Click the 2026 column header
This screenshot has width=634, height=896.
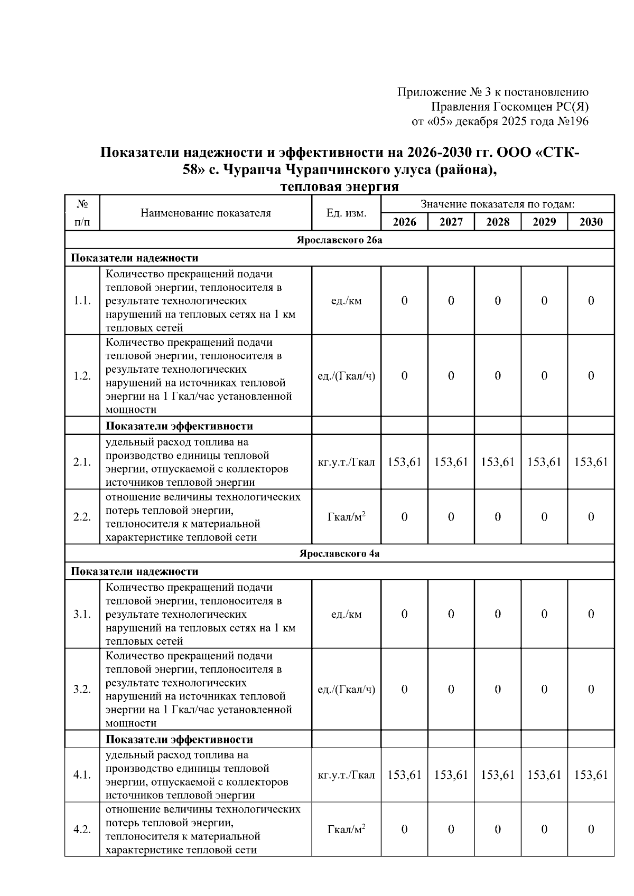[x=404, y=222]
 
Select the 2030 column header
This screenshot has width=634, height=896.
[x=591, y=222]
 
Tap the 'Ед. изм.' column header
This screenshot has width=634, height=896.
[x=346, y=213]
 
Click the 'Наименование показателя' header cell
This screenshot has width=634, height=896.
[x=206, y=213]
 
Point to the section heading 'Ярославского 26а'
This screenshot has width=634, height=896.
[x=339, y=240]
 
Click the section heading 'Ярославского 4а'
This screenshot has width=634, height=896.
[x=339, y=553]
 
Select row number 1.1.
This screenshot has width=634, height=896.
[x=82, y=300]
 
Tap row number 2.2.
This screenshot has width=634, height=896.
[x=82, y=517]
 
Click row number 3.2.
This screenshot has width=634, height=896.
[x=82, y=689]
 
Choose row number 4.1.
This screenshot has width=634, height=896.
[x=82, y=775]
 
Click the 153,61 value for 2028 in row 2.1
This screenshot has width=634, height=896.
[x=498, y=462]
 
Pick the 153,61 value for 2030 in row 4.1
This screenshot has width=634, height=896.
[x=591, y=775]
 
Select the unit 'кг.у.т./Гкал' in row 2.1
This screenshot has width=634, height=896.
[x=346, y=462]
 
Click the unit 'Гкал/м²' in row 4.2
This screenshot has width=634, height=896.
[x=346, y=829]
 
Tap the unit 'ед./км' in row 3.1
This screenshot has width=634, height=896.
[x=346, y=614]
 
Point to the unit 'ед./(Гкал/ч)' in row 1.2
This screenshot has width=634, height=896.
[x=346, y=376]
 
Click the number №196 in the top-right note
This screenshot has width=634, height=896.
[x=573, y=121]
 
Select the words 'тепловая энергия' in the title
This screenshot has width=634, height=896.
[x=339, y=187]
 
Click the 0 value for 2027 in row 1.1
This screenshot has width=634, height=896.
[x=451, y=300]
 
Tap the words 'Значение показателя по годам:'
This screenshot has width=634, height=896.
[x=497, y=204]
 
